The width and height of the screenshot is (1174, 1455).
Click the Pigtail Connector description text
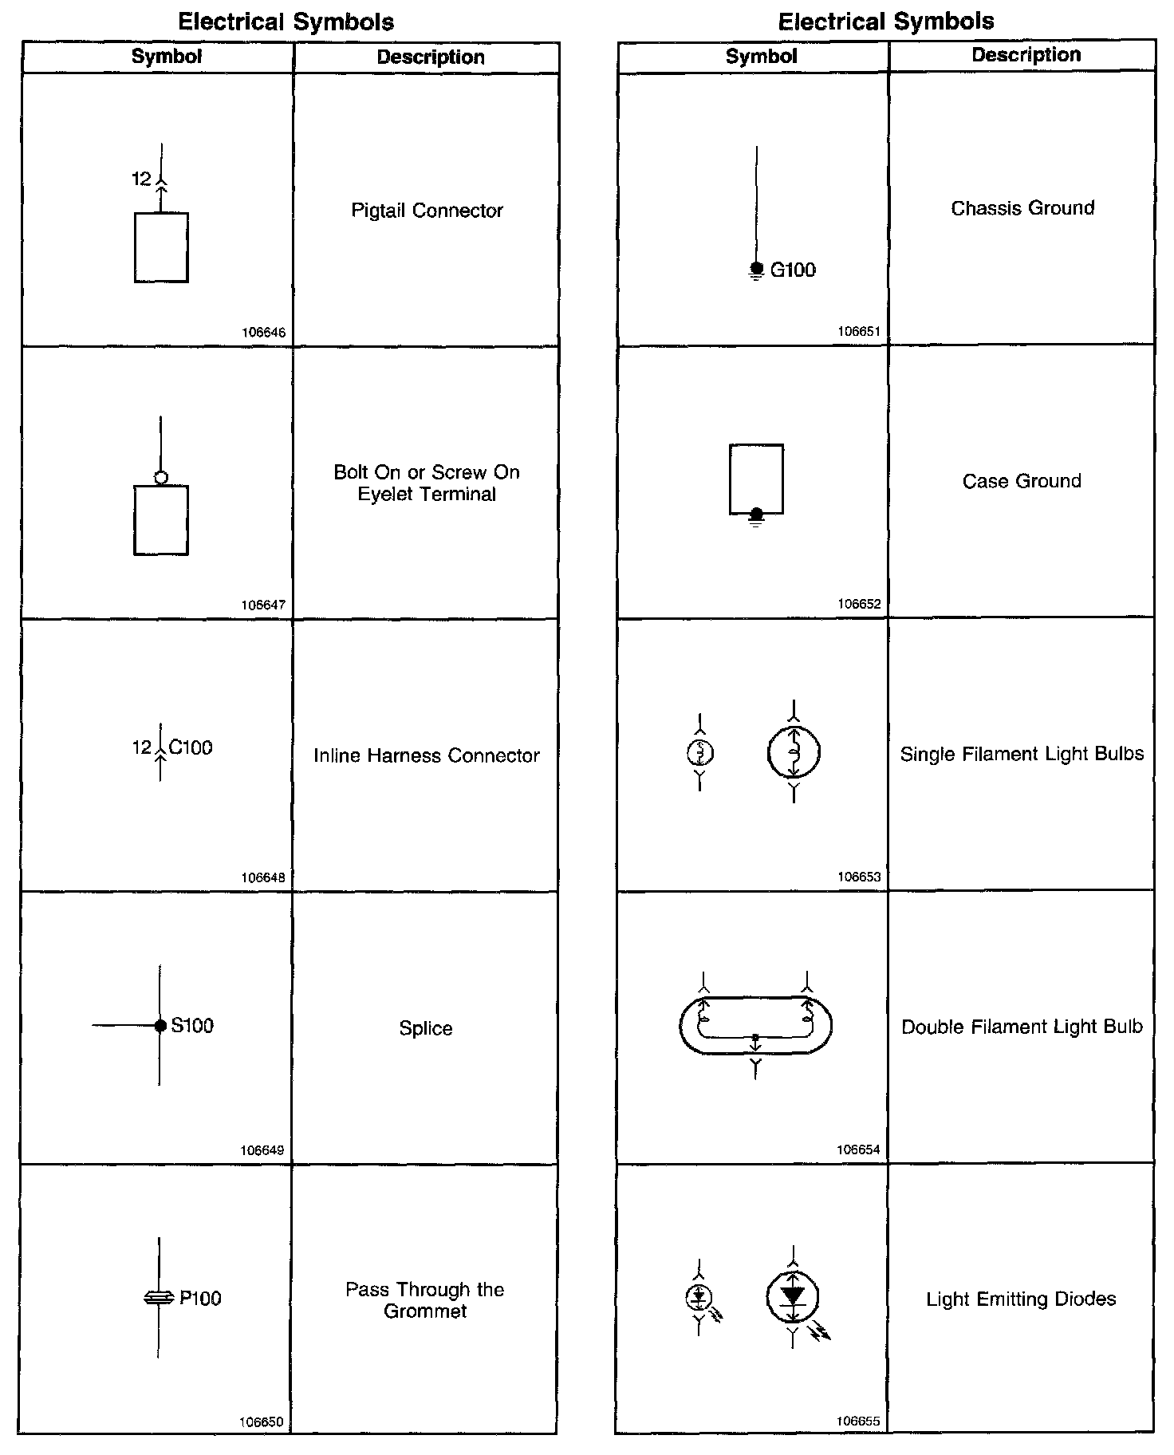click(x=427, y=211)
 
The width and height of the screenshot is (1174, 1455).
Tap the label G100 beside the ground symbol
click(x=793, y=270)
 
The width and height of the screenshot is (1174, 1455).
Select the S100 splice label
click(x=192, y=1025)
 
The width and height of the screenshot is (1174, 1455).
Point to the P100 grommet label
click(x=200, y=1298)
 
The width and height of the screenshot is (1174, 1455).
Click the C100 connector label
click(x=191, y=747)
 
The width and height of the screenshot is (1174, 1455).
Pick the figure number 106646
click(x=263, y=333)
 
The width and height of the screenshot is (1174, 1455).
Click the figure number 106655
click(x=858, y=1421)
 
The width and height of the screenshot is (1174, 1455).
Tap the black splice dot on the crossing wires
click(x=160, y=1026)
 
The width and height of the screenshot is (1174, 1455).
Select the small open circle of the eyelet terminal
click(x=161, y=477)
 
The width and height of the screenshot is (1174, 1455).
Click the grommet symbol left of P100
click(x=159, y=1299)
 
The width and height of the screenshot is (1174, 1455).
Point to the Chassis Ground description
click(x=1022, y=208)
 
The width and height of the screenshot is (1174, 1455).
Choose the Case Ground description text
click(x=1022, y=481)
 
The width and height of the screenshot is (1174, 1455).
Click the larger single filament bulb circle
click(x=794, y=751)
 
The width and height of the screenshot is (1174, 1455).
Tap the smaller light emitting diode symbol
click(x=699, y=1298)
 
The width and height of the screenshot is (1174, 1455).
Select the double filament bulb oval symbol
click(x=755, y=1025)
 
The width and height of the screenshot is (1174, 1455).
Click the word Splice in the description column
click(x=426, y=1028)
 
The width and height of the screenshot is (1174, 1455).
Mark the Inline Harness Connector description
click(x=427, y=755)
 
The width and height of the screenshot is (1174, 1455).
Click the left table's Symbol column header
click(x=167, y=57)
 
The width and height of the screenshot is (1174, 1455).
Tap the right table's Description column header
click(x=1026, y=55)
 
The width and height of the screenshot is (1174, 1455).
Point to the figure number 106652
click(x=859, y=604)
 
